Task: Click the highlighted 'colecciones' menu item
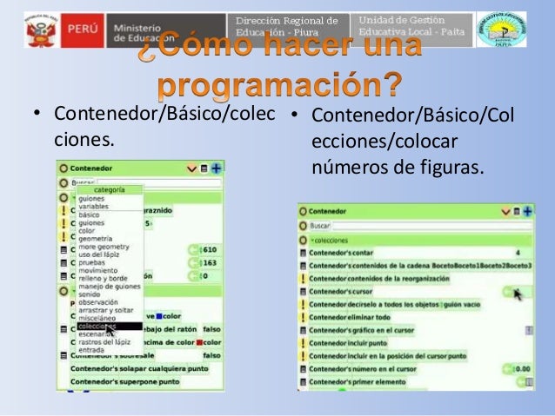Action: coord(97,327)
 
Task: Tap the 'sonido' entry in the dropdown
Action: coord(90,294)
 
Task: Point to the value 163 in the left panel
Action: coord(210,262)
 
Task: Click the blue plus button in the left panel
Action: coord(216,168)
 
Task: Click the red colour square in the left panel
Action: coord(199,342)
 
